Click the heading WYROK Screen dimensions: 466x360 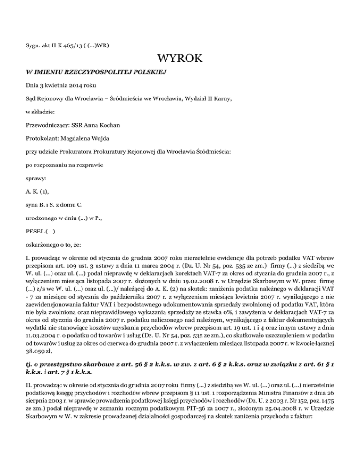(x=180, y=59)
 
